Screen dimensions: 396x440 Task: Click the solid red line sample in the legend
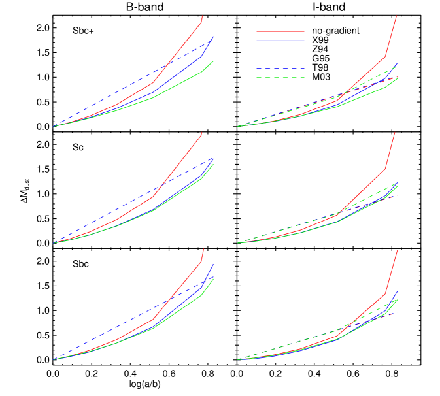(x=280, y=31)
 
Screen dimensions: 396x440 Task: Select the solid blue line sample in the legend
(x=280, y=41)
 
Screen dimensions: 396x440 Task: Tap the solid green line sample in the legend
(x=280, y=50)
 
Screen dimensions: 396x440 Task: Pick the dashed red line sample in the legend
(x=280, y=59)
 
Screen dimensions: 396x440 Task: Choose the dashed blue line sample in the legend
(x=280, y=69)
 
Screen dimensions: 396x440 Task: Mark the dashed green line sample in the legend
(x=280, y=78)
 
